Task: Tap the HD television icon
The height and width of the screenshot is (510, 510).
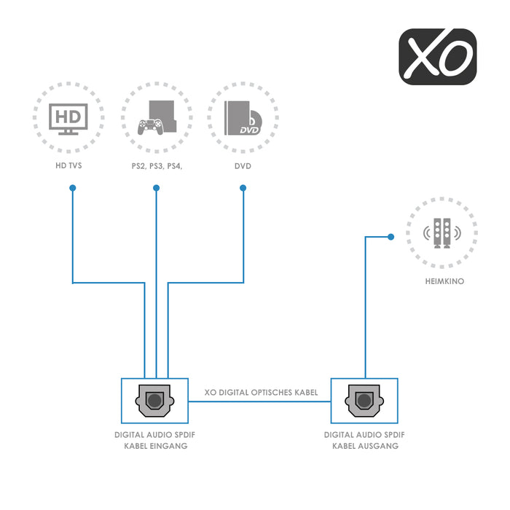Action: click(x=68, y=118)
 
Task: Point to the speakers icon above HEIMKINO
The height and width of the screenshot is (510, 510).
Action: click(x=442, y=234)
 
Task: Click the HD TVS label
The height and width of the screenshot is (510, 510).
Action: click(x=68, y=166)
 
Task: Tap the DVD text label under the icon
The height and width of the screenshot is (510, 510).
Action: click(x=243, y=166)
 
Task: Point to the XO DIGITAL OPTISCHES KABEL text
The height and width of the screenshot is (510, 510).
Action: click(x=262, y=393)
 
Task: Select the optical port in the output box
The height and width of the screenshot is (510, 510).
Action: click(x=364, y=401)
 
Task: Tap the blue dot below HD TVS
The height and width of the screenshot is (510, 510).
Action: click(x=72, y=188)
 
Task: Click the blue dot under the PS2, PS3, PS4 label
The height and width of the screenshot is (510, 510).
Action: click(x=156, y=188)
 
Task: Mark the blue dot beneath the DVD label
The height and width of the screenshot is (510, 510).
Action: click(x=243, y=188)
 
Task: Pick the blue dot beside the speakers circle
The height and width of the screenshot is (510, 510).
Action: click(x=391, y=236)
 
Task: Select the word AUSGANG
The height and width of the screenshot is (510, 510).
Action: click(x=380, y=446)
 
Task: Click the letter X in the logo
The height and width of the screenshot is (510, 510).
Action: click(x=420, y=56)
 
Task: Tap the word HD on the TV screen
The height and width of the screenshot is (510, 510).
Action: click(x=68, y=115)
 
